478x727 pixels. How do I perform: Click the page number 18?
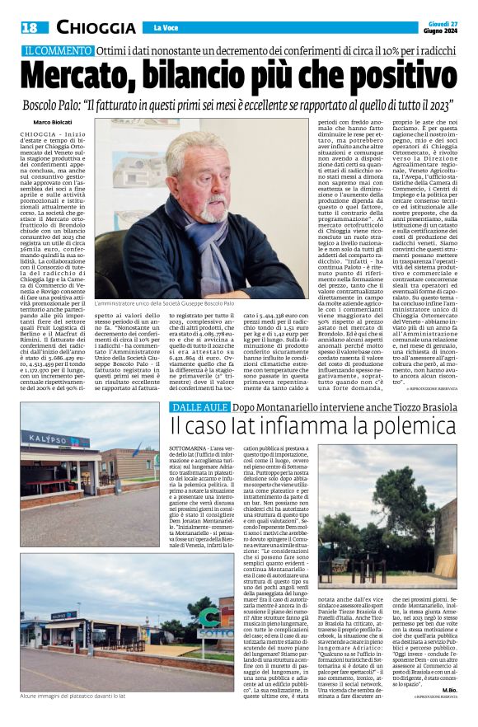point(30,27)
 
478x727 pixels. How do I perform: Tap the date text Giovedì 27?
point(441,22)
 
